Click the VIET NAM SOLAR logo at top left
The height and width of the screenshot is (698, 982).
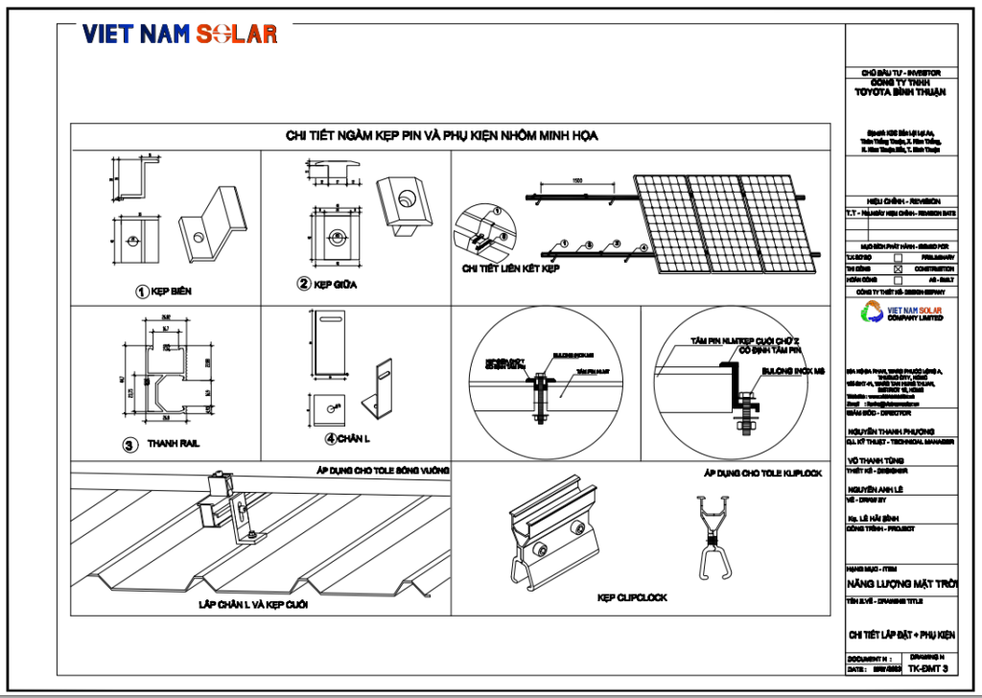click(179, 34)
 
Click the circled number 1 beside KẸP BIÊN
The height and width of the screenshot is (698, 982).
click(140, 291)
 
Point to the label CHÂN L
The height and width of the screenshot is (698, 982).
click(348, 439)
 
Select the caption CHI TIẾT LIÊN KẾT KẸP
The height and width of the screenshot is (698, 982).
click(510, 268)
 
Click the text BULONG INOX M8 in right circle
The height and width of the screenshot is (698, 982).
click(792, 368)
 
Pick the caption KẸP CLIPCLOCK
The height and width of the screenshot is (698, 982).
click(632, 597)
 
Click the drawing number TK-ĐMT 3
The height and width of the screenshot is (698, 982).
click(928, 667)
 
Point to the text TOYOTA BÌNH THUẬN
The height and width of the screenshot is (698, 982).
click(900, 93)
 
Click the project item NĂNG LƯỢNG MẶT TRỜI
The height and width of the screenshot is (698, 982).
click(900, 584)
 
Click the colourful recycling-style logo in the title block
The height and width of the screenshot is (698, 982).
click(875, 313)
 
